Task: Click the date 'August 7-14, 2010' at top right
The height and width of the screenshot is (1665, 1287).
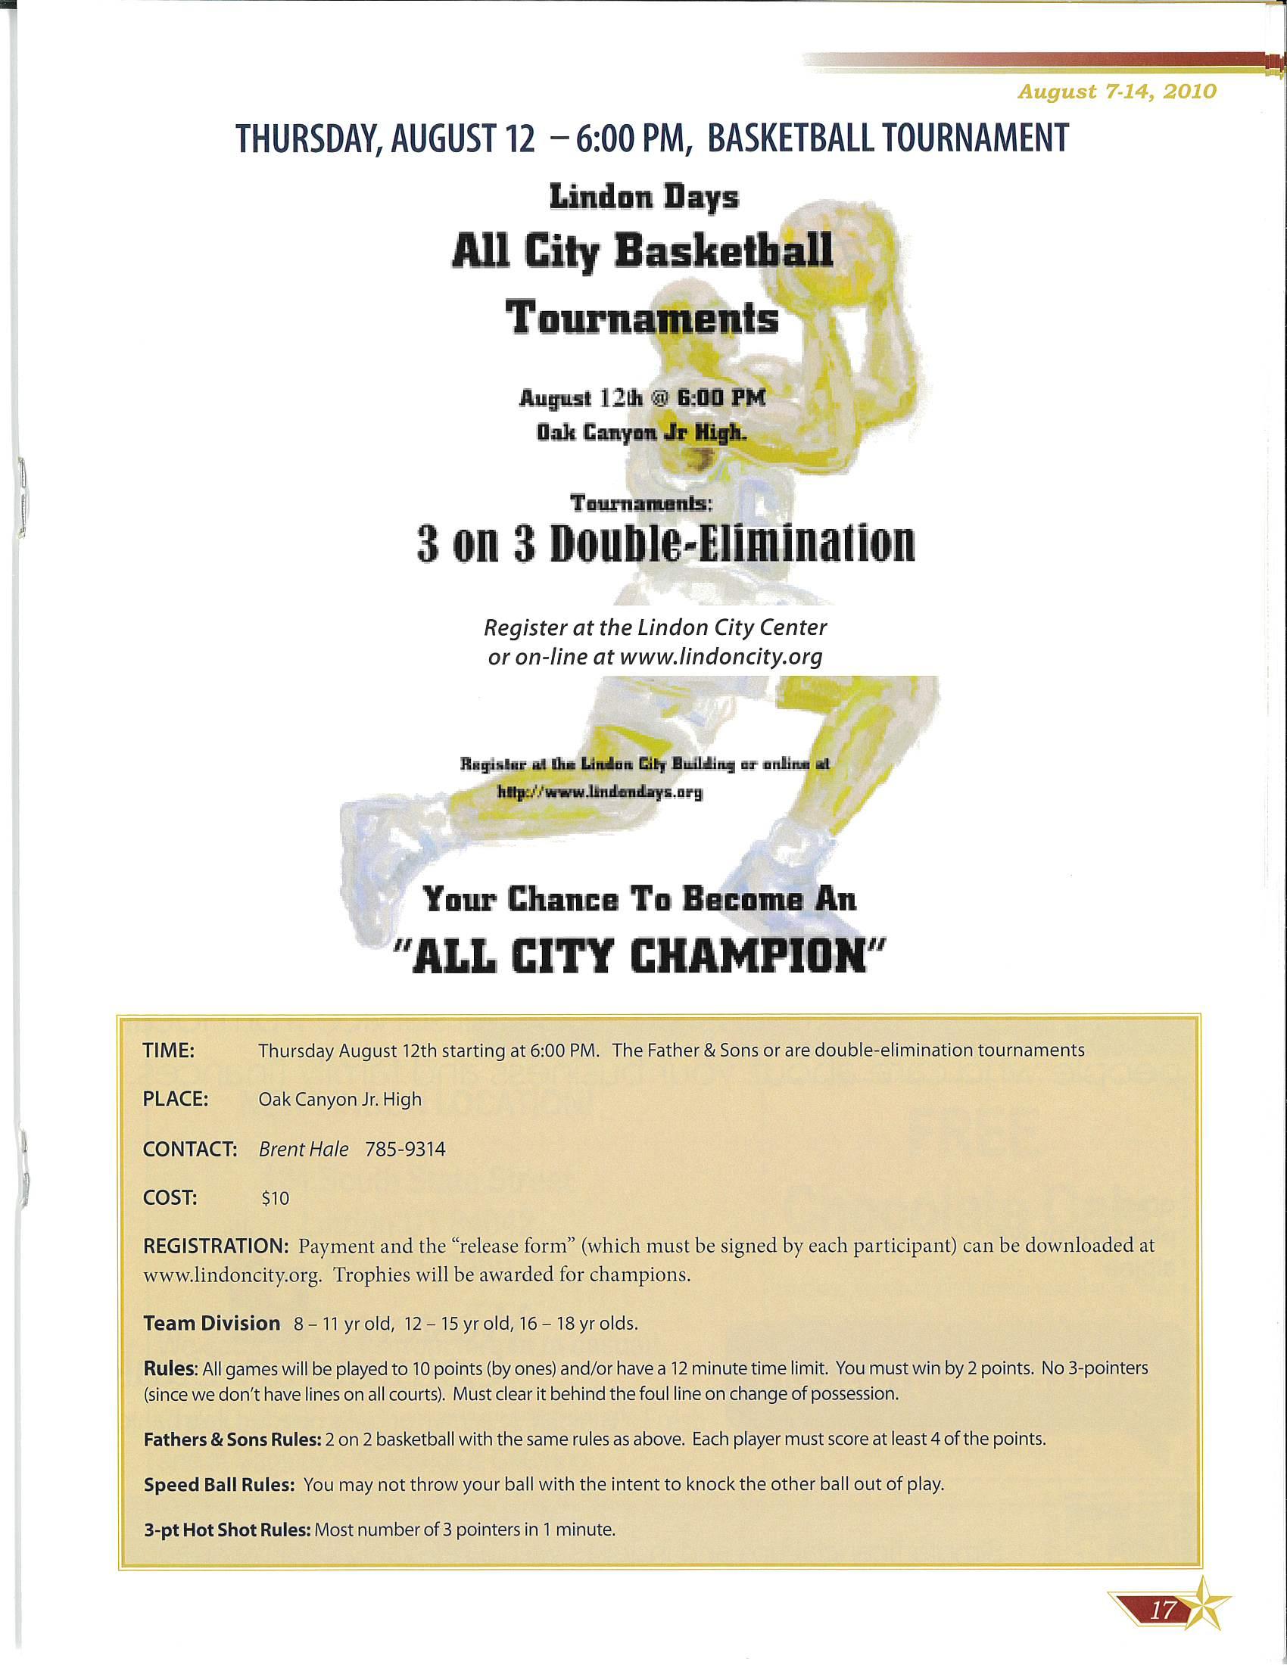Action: [1117, 92]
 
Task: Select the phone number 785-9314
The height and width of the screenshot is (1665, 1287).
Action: [405, 1149]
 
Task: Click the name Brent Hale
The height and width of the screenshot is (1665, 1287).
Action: [304, 1149]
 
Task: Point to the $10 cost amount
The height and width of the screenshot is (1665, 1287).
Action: [276, 1199]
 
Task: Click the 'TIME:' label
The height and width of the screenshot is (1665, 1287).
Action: [169, 1050]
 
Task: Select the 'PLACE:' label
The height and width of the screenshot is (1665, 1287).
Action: [176, 1100]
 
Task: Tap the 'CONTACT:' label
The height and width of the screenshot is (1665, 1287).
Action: [191, 1149]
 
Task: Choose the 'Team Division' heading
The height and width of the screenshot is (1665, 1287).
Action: [211, 1323]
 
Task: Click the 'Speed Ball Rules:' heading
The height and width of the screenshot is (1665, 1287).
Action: [219, 1485]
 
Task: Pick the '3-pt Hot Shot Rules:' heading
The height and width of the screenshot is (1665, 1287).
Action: [227, 1530]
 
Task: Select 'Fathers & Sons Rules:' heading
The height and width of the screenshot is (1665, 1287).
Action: [232, 1440]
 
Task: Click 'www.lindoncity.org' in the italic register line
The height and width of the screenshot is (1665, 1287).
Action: [721, 656]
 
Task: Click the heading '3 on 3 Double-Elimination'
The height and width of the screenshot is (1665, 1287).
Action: [665, 543]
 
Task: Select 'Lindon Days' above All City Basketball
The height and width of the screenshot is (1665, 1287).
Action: [644, 198]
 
